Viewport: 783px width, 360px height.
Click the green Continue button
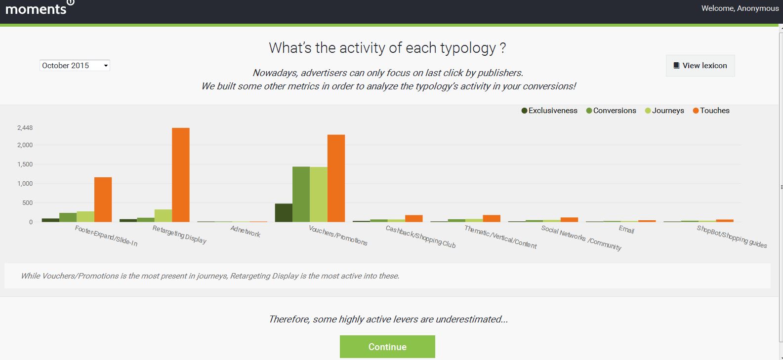[x=387, y=346]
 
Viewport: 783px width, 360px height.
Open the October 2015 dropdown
[x=75, y=65]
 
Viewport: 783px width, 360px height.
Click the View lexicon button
[x=700, y=65]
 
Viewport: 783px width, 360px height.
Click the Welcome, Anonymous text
[x=740, y=8]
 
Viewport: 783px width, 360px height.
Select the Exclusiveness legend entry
[x=549, y=111]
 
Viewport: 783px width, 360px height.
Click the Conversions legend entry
[x=611, y=111]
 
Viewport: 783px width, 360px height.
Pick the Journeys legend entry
[x=664, y=111]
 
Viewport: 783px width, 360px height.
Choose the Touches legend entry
[x=711, y=111]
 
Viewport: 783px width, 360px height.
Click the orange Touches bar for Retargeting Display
[x=181, y=175]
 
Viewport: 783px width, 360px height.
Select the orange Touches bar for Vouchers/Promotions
[x=336, y=178]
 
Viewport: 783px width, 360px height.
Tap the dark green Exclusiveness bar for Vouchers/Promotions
[x=284, y=213]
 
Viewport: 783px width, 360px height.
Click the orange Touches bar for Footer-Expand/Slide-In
[x=103, y=200]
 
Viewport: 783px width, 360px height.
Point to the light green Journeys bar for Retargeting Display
[x=163, y=216]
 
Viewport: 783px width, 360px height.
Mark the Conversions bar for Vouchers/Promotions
[x=301, y=195]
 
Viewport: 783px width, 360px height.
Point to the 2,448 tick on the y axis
[x=25, y=127]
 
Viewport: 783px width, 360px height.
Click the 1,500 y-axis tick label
[x=25, y=164]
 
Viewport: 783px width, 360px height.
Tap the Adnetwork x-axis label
[x=246, y=232]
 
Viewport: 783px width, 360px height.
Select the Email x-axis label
[x=626, y=230]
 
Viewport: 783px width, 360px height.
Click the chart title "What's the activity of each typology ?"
[x=387, y=48]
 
